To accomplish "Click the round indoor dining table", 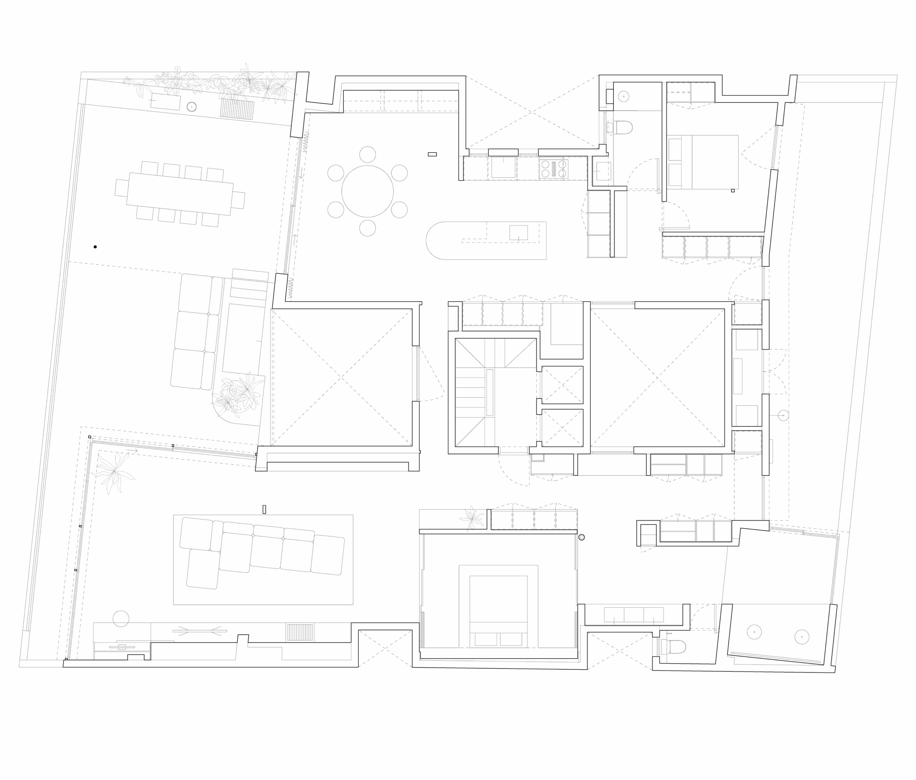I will point(367,191).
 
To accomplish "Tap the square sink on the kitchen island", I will point(518,232).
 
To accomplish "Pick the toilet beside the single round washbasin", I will point(623,128).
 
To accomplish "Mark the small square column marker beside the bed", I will point(732,191).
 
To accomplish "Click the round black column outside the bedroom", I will point(581,537).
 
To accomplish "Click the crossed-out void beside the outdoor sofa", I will point(342,377).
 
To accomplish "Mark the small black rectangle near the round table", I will point(432,154).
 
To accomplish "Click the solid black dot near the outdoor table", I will point(95,247).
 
